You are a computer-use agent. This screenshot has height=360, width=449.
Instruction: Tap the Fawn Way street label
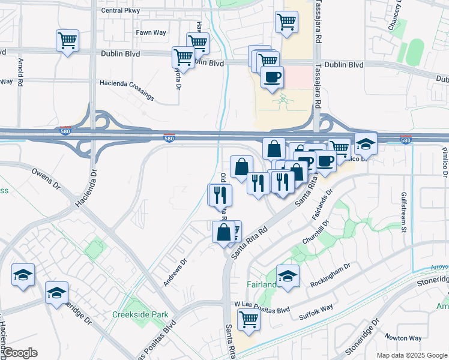pos(150,32)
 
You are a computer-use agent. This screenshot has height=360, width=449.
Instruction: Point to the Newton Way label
pos(400,337)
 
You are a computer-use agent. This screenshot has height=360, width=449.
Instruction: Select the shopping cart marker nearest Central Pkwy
pos(286,22)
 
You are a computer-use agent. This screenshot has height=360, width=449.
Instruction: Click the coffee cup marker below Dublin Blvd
pos(273,78)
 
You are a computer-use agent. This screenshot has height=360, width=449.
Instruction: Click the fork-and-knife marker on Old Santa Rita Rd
pos(220,194)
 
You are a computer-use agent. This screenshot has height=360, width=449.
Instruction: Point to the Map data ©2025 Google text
pos(411,355)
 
